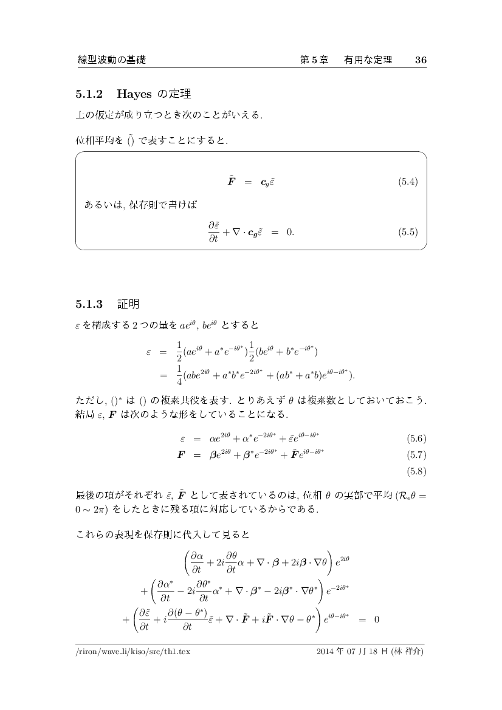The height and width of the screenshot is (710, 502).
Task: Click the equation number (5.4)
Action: coord(408,182)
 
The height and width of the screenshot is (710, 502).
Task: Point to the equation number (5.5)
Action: coord(408,231)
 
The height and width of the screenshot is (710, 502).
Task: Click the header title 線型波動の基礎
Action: coord(112,60)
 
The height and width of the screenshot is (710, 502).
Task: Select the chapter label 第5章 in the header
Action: coord(314,60)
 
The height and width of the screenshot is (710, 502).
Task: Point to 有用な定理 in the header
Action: coord(368,60)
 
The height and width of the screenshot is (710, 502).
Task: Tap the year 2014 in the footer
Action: coord(326,652)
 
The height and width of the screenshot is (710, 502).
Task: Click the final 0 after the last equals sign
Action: coord(377,620)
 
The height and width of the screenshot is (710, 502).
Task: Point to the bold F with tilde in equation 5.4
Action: coord(232,181)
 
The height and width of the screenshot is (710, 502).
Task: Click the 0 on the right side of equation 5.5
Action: coord(291,232)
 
